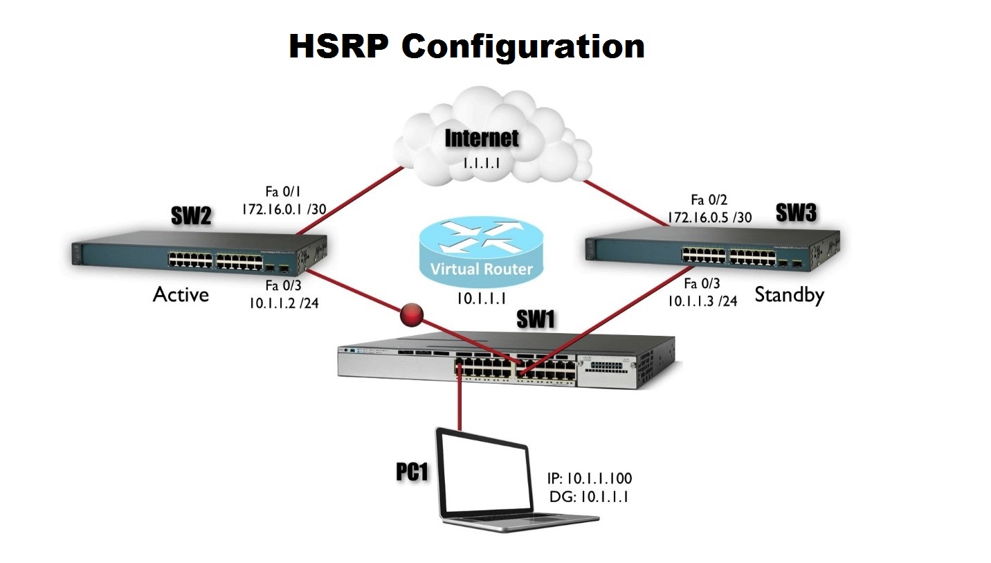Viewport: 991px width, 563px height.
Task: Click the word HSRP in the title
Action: coord(340,46)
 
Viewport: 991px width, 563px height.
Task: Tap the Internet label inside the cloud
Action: coord(482,137)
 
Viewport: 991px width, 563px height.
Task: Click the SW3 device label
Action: coord(795,214)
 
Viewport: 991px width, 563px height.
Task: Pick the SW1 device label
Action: coord(537,319)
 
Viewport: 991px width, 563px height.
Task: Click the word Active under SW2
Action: coord(181,294)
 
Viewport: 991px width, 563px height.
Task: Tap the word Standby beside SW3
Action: coord(789,295)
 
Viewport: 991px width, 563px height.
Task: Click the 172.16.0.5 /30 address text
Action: coord(709,217)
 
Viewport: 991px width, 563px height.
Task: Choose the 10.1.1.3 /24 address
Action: coord(702,301)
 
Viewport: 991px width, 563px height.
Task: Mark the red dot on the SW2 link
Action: coord(412,316)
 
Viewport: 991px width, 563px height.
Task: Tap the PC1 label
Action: coord(412,472)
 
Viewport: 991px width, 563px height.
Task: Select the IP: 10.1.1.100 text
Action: coord(589,478)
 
